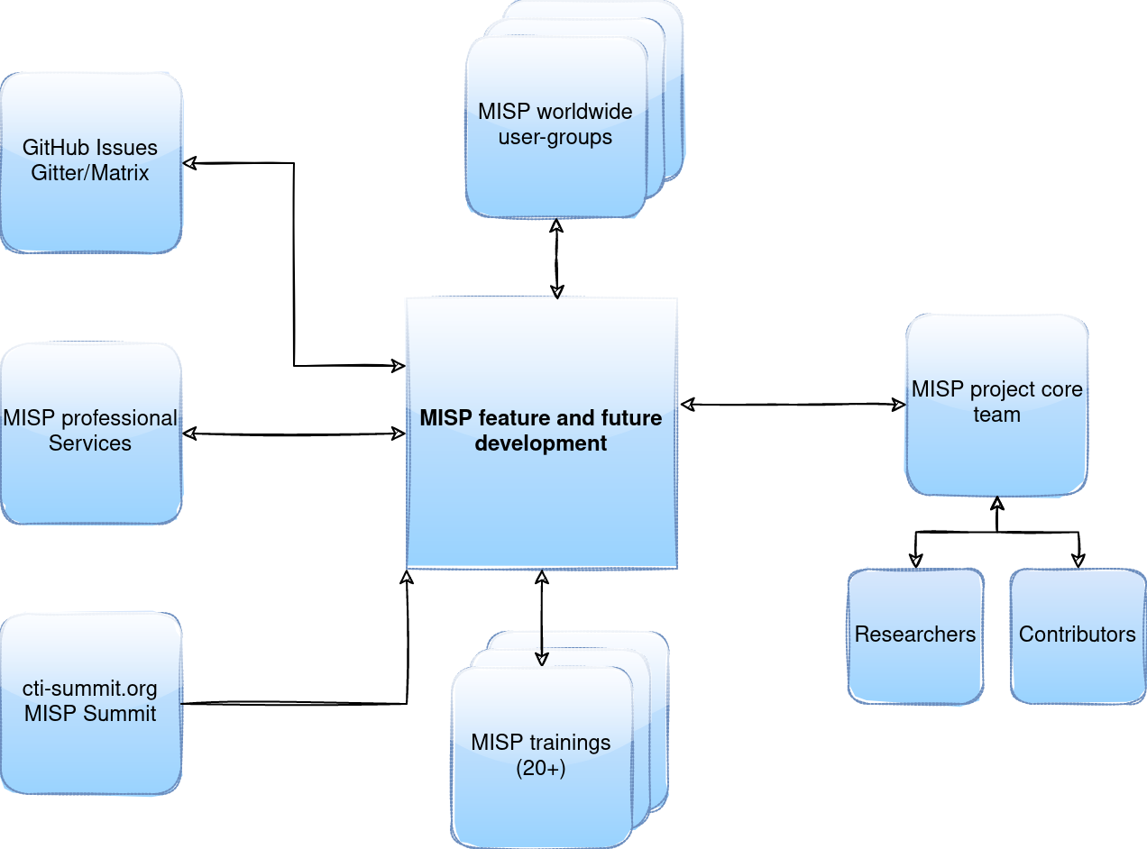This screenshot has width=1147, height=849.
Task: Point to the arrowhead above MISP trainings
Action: tap(541, 658)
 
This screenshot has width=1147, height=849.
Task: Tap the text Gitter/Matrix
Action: tap(90, 173)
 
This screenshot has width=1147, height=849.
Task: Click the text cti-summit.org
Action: tap(90, 689)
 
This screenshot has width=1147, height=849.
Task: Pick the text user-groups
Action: tap(555, 137)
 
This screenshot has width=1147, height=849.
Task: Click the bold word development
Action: tap(541, 443)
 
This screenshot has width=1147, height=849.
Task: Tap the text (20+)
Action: tap(541, 769)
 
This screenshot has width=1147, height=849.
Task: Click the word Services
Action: tap(90, 443)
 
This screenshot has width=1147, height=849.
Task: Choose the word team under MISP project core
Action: tap(996, 415)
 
